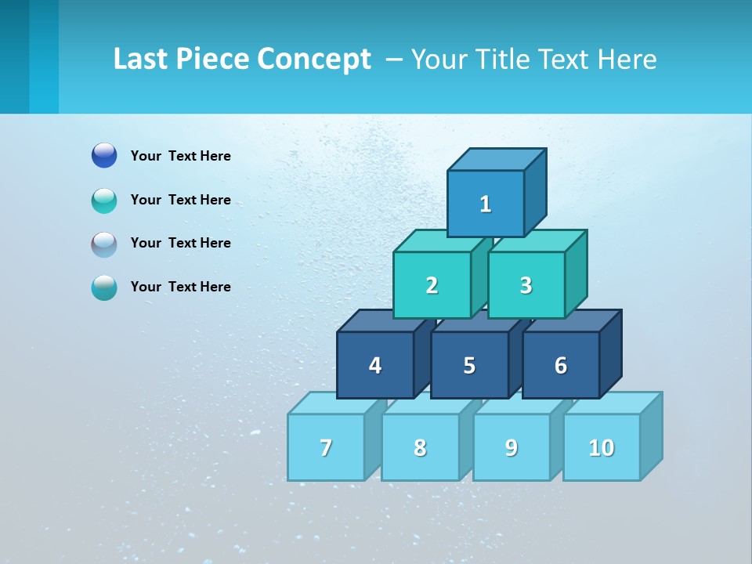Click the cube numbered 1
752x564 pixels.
(486, 204)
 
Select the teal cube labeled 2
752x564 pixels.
(432, 285)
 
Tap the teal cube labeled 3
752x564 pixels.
(526, 285)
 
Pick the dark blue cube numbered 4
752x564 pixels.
(375, 365)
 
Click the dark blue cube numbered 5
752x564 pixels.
(469, 365)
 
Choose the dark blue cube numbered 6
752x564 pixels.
(561, 365)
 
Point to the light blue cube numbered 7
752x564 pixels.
(326, 447)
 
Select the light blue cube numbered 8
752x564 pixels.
(420, 447)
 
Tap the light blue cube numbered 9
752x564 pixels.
(512, 447)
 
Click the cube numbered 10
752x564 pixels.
(602, 447)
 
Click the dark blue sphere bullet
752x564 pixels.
(104, 156)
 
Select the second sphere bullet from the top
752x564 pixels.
(104, 200)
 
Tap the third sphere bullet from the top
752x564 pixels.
(104, 244)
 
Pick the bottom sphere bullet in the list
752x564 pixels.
(104, 287)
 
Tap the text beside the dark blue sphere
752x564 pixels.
(181, 156)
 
